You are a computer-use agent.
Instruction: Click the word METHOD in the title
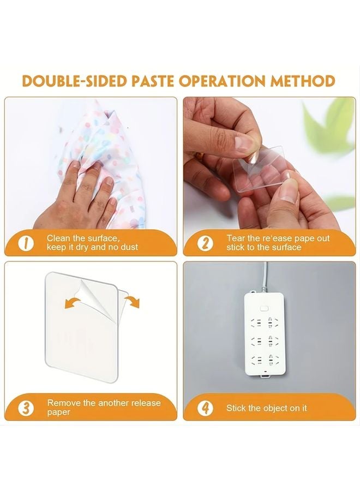304,81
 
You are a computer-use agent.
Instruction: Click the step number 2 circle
205,243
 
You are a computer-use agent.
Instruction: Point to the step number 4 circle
205,408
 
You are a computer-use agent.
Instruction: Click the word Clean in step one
58,238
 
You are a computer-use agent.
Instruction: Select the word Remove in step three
64,403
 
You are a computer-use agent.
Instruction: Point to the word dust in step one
129,247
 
